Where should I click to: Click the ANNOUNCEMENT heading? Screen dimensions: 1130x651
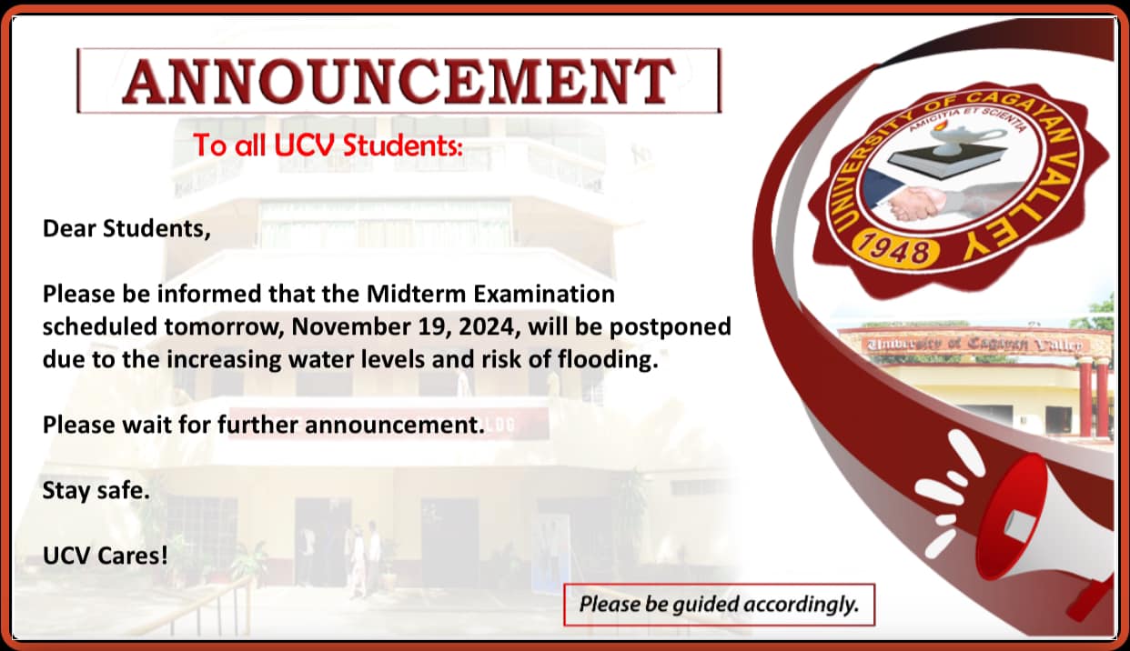point(399,81)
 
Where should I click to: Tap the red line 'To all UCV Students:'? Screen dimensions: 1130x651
point(328,145)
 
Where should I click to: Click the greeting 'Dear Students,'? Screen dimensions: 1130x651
point(126,229)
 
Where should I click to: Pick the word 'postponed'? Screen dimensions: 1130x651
point(671,327)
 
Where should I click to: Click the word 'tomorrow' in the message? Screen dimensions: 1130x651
point(225,326)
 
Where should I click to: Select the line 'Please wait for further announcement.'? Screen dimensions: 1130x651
point(263,425)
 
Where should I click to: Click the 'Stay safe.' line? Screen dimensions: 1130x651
point(96,490)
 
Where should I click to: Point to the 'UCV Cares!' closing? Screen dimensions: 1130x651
point(105,556)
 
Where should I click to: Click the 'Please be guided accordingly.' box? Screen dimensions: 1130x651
point(720,605)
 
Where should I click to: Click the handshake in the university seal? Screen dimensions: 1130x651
point(914,203)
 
